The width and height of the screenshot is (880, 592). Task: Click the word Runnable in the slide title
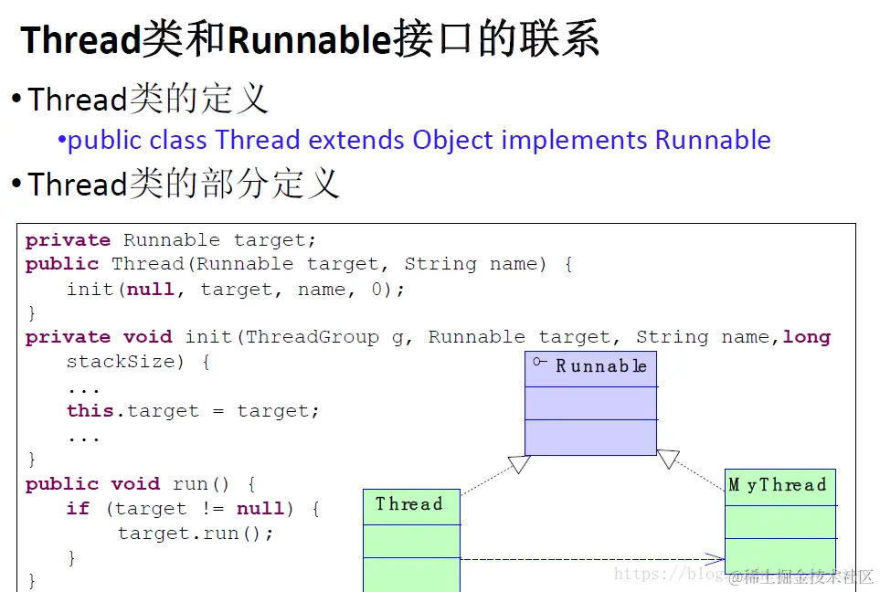(309, 40)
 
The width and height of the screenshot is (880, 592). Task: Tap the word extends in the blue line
(357, 140)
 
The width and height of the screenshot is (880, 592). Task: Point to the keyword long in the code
(806, 337)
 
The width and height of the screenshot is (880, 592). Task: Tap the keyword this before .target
(90, 411)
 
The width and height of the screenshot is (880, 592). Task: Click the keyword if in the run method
(78, 509)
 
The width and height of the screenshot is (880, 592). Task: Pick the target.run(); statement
(196, 533)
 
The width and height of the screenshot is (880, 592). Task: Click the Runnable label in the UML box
(601, 366)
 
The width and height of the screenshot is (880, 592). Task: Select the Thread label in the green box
(408, 504)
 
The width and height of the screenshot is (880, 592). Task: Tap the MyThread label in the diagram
(778, 485)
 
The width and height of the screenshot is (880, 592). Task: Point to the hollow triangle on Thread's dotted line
(520, 464)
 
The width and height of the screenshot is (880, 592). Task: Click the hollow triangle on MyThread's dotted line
(668, 459)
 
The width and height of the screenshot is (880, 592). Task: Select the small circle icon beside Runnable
(540, 363)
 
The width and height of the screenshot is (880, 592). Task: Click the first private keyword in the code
(68, 240)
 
